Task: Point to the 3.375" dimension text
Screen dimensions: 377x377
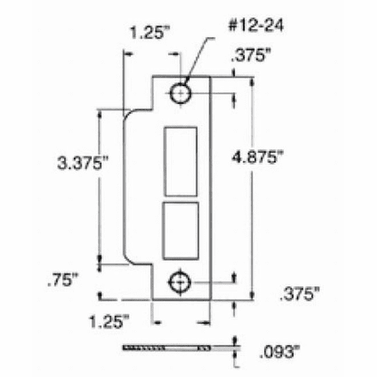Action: click(x=82, y=163)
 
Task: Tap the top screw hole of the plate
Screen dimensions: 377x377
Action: click(x=181, y=94)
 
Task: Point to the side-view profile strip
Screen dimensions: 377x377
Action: click(x=165, y=349)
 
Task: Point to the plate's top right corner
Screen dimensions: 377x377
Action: click(x=210, y=75)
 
